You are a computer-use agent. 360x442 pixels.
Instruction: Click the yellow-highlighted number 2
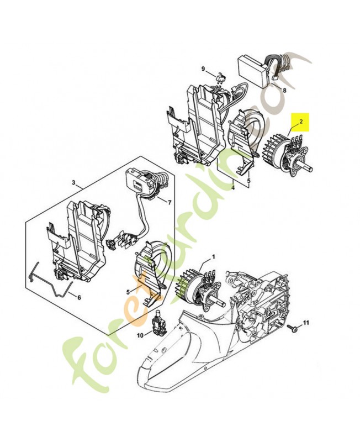click(301, 120)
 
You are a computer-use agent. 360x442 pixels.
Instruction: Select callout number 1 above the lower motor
click(214, 257)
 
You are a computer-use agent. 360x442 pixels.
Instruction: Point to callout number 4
click(232, 187)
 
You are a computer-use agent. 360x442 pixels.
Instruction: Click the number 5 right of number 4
click(248, 180)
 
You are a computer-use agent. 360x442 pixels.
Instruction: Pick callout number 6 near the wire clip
click(78, 298)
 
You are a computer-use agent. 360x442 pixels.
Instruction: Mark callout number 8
click(284, 90)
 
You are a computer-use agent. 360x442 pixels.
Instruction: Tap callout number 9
click(203, 69)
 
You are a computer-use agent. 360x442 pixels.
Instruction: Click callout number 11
click(307, 322)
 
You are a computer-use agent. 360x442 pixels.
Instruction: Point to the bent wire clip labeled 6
click(50, 282)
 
